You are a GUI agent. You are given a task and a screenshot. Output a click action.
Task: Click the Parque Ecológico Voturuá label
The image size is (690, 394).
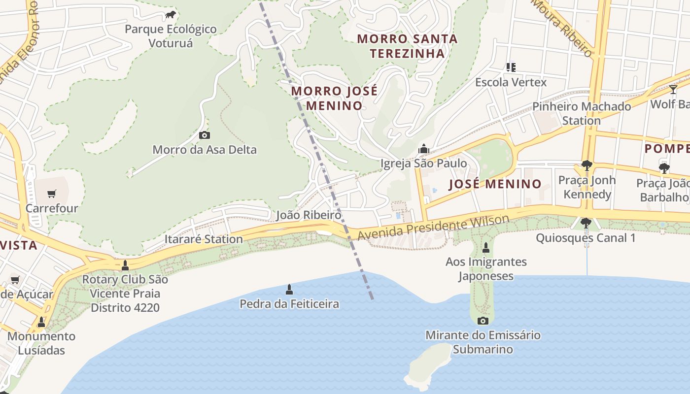tap(171, 36)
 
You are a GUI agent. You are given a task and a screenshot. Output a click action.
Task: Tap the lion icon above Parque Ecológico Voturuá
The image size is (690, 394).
tap(171, 15)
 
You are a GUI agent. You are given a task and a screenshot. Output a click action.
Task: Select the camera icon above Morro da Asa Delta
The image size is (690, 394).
tap(204, 135)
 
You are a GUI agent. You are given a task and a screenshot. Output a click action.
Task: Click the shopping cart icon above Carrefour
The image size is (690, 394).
tap(52, 194)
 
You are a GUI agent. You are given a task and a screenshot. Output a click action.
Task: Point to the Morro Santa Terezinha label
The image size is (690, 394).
tap(407, 46)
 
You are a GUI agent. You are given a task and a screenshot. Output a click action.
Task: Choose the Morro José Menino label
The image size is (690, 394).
tap(334, 98)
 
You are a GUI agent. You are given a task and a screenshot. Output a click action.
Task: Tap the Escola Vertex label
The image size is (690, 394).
tap(511, 82)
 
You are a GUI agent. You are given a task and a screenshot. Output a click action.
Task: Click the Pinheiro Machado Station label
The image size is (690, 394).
tap(582, 113)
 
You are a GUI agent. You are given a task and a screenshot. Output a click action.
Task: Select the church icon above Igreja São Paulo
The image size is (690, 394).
tap(423, 149)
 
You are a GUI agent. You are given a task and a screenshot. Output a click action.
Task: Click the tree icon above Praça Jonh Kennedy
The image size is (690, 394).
tap(586, 165)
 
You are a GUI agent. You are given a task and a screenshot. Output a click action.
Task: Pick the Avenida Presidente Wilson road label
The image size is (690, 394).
tap(433, 228)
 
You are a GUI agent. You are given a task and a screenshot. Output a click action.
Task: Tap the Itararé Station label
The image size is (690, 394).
tap(204, 239)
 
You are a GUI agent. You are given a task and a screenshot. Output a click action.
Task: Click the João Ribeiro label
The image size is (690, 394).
tap(309, 215)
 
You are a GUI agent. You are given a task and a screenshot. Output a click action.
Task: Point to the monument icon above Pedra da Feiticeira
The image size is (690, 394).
tap(289, 289)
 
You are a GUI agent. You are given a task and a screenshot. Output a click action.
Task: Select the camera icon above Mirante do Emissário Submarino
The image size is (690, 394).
tap(483, 321)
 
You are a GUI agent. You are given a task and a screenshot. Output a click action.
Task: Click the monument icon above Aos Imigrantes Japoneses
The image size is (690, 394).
tap(485, 247)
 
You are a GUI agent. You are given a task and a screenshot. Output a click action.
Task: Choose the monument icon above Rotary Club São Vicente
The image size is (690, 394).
tap(125, 265)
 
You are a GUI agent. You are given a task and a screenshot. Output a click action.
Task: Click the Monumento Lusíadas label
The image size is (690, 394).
tap(42, 343)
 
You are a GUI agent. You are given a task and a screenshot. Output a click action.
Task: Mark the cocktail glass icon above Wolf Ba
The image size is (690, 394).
tap(673, 90)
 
